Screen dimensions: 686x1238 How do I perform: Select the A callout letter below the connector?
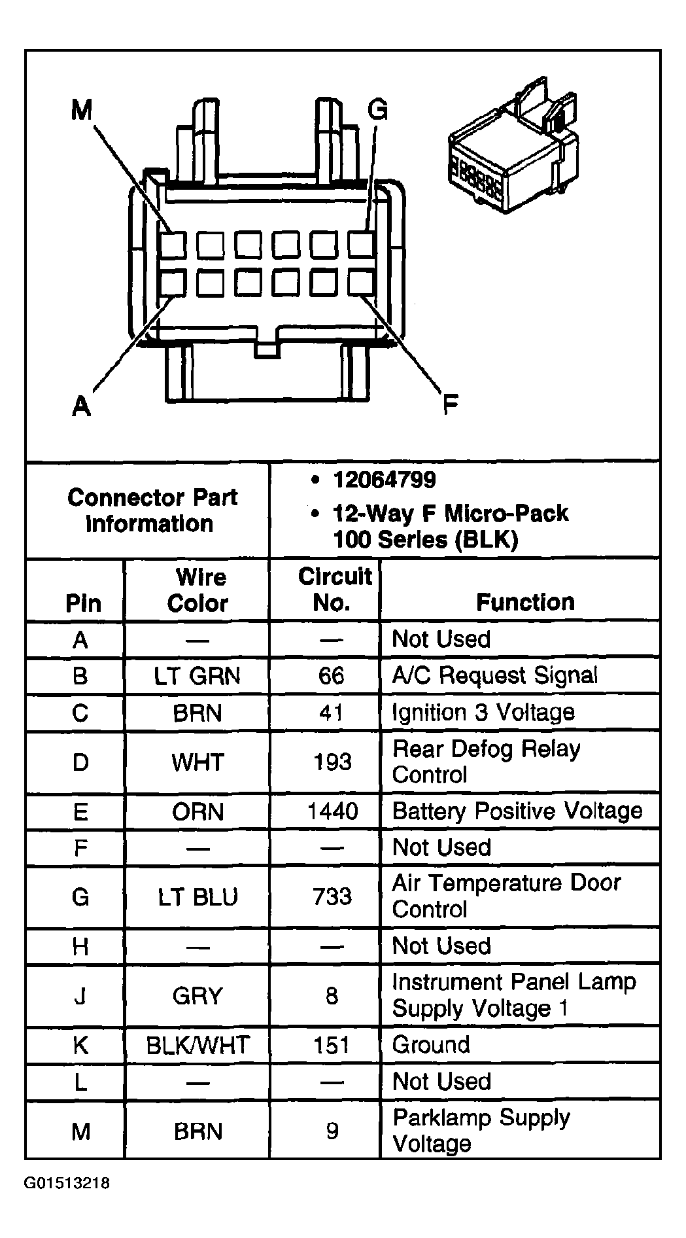(x=81, y=406)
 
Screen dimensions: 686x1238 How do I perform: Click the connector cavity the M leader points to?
(x=173, y=245)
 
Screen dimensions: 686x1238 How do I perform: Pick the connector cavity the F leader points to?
(x=361, y=283)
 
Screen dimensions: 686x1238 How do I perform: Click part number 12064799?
(x=385, y=480)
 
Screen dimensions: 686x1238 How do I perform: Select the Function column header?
(x=525, y=602)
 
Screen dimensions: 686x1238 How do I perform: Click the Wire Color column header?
(x=198, y=590)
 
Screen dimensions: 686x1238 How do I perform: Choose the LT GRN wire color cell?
(x=197, y=676)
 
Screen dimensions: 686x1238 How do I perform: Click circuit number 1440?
(x=333, y=811)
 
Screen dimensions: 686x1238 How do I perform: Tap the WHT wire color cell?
(x=197, y=762)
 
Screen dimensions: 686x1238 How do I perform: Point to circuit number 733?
(x=332, y=896)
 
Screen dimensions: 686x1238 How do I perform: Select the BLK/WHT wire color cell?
(x=197, y=1045)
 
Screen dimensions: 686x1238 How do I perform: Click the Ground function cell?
(x=431, y=1044)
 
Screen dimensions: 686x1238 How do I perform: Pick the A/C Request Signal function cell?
(x=495, y=675)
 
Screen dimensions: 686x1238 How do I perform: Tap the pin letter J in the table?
(x=80, y=996)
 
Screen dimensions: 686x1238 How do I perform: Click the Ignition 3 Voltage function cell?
(x=483, y=713)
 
